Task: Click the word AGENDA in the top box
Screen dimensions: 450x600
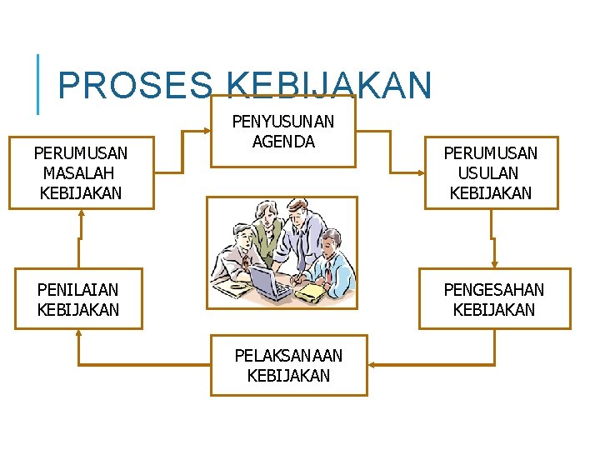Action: click(x=283, y=142)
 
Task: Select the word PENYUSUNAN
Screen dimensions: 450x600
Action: click(x=283, y=122)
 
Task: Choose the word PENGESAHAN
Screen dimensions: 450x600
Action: click(x=493, y=290)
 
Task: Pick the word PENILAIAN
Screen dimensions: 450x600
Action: click(x=78, y=290)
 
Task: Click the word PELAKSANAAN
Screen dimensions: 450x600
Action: click(x=288, y=356)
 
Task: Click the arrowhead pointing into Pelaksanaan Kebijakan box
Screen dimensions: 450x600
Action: click(x=372, y=365)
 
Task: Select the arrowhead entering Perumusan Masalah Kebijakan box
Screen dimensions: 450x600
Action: click(x=81, y=212)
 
